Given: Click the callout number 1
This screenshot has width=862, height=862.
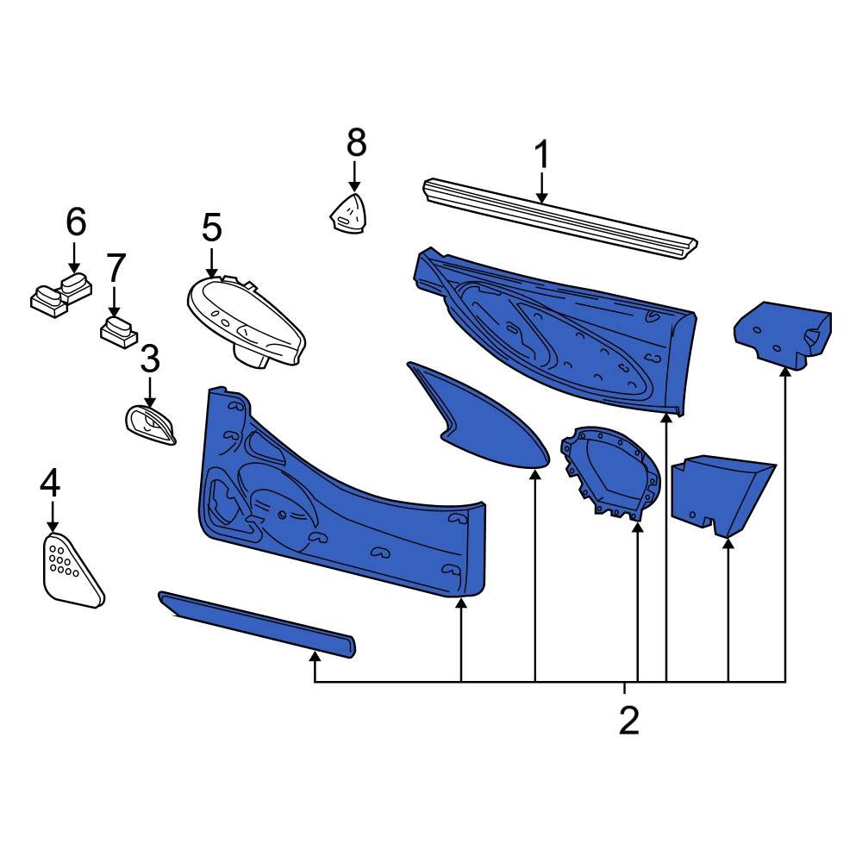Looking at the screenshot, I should coord(541,155).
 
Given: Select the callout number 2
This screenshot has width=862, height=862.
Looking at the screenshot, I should coord(629,720).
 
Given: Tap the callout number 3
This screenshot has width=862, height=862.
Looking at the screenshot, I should coord(149,358).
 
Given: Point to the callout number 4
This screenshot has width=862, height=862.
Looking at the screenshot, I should coord(50,483).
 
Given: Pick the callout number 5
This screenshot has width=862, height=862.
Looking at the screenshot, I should coord(211,228).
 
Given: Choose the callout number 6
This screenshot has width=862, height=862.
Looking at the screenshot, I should coord(76,222).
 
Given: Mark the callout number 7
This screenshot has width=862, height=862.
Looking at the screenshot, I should coord(116,268).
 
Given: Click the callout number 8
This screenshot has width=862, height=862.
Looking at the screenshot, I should coord(356,142).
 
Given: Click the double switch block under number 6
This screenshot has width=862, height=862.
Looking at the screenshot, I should coord(60,293).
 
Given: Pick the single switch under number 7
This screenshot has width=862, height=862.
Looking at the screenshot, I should coord(117,331).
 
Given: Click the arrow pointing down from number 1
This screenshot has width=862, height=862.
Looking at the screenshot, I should coord(541,188).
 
